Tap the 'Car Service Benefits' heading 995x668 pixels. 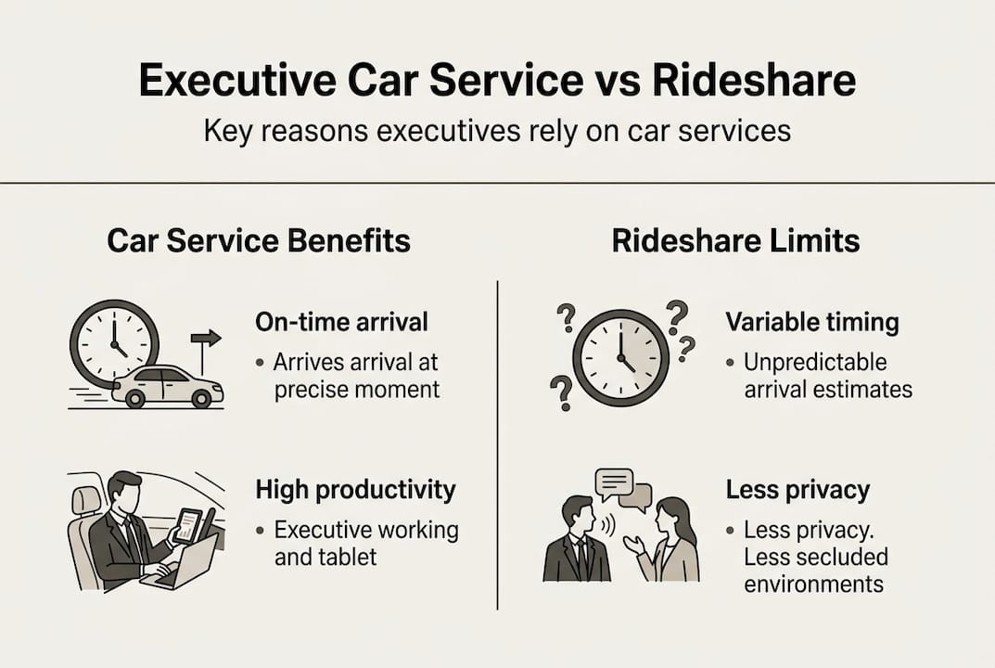click(259, 242)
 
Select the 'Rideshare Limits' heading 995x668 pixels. click(735, 242)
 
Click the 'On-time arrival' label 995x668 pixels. click(341, 322)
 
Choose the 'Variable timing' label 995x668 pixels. click(812, 322)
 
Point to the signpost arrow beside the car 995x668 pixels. click(205, 340)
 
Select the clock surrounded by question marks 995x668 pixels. click(619, 358)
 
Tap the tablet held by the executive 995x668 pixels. click(189, 526)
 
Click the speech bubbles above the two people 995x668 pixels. click(621, 490)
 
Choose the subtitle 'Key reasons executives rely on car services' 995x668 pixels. click(497, 131)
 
